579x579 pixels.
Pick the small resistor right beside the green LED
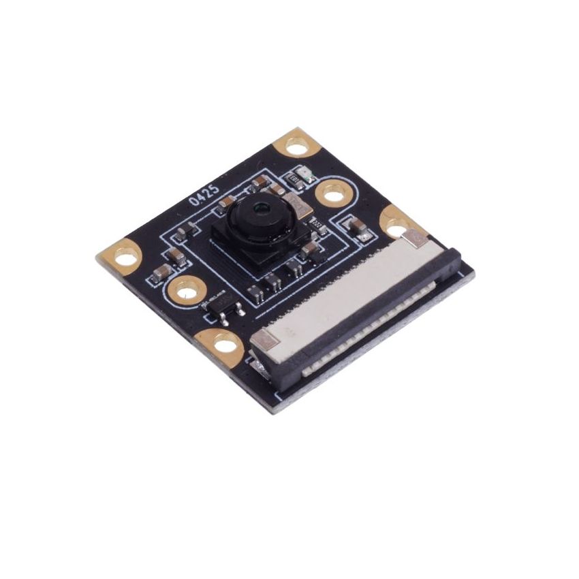pos(296,181)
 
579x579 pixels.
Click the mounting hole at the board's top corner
pos(298,145)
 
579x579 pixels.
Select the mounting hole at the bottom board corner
pos(225,345)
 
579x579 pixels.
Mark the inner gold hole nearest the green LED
pos(332,195)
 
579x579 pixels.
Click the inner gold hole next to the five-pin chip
pos(185,292)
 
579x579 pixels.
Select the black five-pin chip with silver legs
pos(222,307)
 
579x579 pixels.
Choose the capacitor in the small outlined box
pos(358,228)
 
